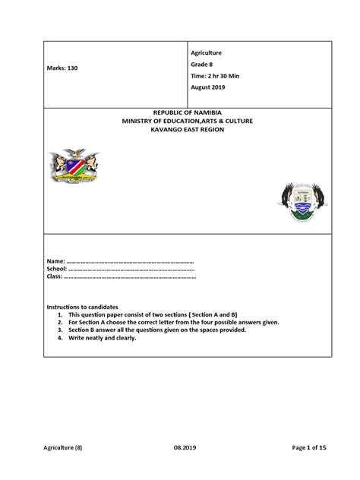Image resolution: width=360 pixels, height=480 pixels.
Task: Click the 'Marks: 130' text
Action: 62,68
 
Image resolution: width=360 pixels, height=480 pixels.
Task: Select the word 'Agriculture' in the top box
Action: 205,52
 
